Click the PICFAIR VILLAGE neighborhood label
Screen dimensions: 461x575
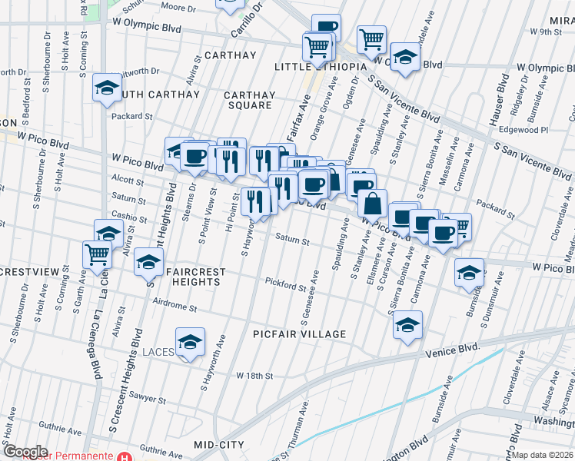pos(300,334)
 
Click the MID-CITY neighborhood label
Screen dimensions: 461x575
pos(219,445)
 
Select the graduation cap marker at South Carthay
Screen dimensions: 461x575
pos(107,88)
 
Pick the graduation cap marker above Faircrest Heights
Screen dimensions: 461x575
pos(148,262)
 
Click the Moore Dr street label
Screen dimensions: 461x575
pos(179,7)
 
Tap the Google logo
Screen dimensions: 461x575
pos(25,452)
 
